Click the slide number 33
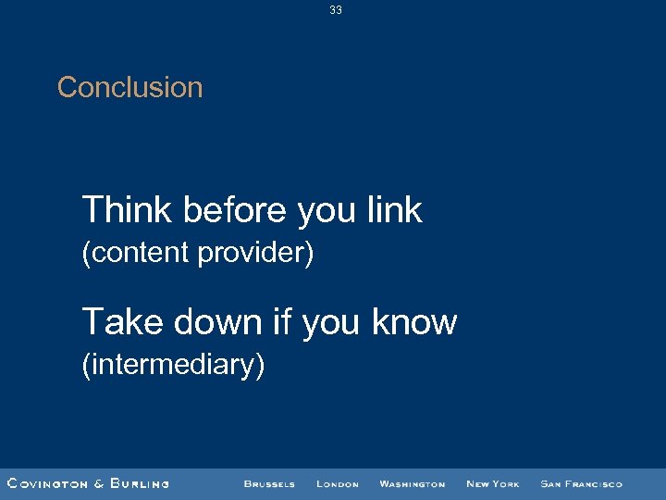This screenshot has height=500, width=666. click(x=335, y=10)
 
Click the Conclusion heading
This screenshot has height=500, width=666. click(x=129, y=88)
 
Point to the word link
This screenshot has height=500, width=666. click(x=394, y=211)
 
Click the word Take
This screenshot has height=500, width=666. click(x=120, y=322)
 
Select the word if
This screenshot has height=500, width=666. click(x=282, y=322)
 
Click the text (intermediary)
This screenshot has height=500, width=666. click(x=174, y=365)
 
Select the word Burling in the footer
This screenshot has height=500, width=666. click(x=140, y=483)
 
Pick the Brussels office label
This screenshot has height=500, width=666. click(x=269, y=483)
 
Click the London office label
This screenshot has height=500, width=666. click(x=337, y=483)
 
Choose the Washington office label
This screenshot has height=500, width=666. click(x=412, y=483)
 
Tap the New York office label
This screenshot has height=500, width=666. click(x=492, y=483)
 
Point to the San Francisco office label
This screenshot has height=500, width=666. click(x=581, y=483)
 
